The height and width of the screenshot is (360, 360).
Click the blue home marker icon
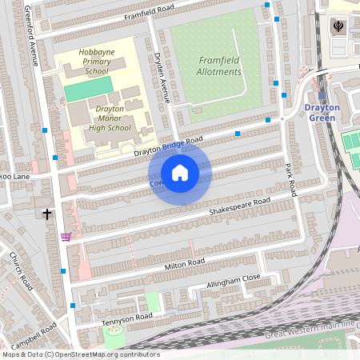(180, 173)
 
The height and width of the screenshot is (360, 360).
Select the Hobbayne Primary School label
(94, 62)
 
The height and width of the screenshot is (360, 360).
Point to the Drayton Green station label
(322, 113)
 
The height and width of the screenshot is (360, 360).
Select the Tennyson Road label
(126, 318)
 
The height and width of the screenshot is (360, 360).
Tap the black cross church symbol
(47, 214)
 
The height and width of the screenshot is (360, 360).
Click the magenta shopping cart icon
(66, 237)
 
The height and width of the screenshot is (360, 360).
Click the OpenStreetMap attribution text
(80, 354)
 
